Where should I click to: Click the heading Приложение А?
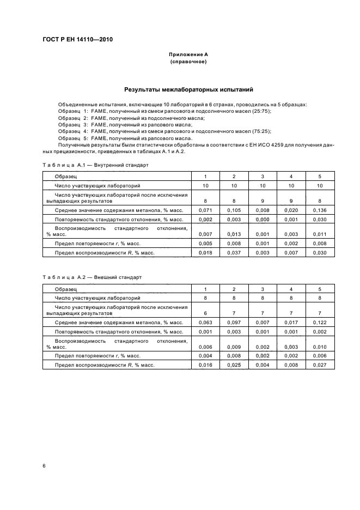(x=188, y=54)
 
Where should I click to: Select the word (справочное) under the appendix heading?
(x=188, y=62)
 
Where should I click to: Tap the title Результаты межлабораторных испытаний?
(x=188, y=89)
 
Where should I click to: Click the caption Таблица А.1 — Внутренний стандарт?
(x=95, y=165)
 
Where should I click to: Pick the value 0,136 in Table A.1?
(x=320, y=210)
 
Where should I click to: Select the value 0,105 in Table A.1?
(x=234, y=210)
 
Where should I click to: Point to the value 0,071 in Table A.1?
(x=205, y=210)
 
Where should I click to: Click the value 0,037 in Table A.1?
(x=234, y=253)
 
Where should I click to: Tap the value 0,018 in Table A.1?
(x=205, y=253)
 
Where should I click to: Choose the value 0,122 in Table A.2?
(x=320, y=323)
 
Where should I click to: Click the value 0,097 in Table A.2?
(x=234, y=323)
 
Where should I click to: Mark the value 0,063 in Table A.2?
(x=205, y=323)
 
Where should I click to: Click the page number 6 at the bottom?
(x=44, y=465)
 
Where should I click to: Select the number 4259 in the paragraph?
(x=258, y=145)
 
